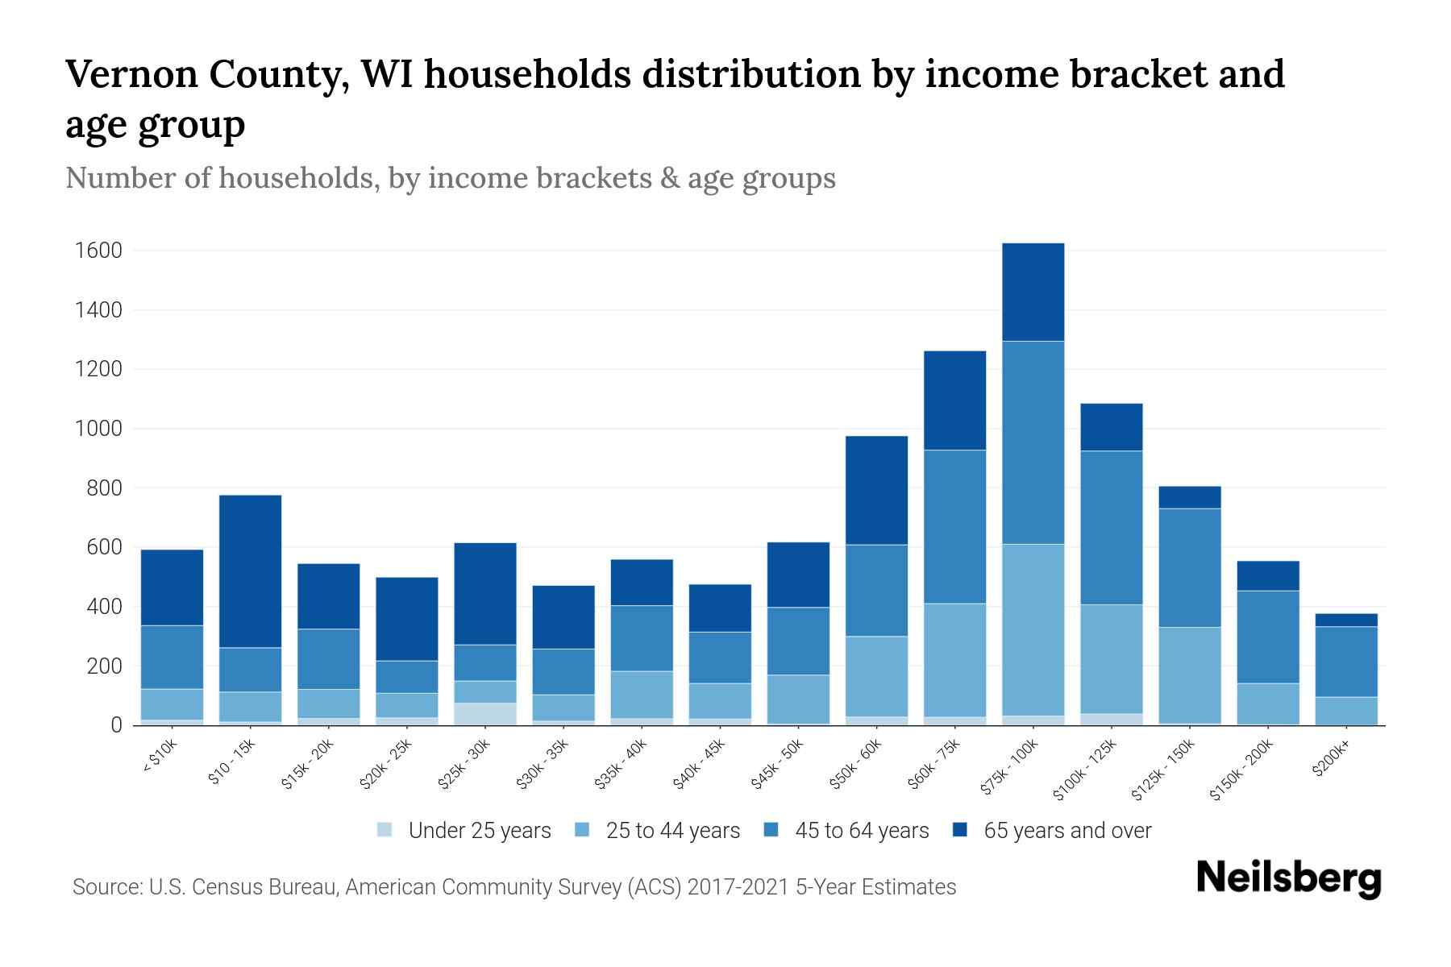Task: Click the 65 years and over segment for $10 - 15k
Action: coord(250,571)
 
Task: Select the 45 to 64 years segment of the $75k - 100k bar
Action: coord(1033,442)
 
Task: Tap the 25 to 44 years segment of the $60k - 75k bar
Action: coord(954,659)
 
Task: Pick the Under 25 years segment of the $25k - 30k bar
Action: coord(485,714)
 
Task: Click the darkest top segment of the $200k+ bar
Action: coord(1346,620)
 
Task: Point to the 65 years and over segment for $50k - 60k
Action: coord(876,490)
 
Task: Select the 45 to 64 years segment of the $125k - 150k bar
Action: coord(1189,567)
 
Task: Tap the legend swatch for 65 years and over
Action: coord(959,830)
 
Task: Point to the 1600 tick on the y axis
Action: coord(98,251)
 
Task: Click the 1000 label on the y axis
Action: coord(98,429)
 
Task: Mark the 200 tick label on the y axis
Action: coord(105,666)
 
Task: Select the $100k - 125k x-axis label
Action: coord(1085,770)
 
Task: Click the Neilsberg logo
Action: coord(1288,878)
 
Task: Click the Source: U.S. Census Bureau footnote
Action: coord(513,887)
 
